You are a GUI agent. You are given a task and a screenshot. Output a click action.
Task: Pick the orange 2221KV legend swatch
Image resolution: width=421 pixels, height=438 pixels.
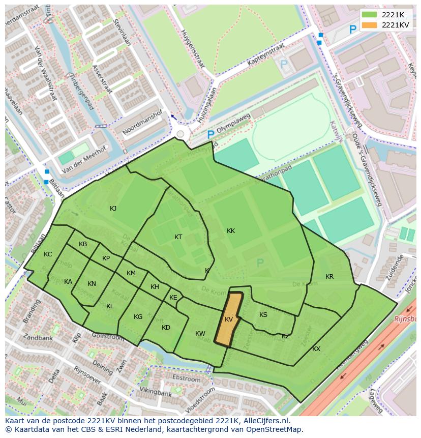(370, 25)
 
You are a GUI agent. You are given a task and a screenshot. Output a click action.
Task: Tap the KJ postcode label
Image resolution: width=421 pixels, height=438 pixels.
(113, 208)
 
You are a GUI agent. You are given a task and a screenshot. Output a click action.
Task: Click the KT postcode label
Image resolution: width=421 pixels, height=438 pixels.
(178, 237)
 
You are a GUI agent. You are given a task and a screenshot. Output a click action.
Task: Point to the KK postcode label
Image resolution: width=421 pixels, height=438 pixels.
(231, 231)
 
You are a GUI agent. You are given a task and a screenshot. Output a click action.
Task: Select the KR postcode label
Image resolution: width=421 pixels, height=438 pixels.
(329, 277)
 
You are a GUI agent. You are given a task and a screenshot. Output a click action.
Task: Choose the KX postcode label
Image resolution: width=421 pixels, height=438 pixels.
(316, 349)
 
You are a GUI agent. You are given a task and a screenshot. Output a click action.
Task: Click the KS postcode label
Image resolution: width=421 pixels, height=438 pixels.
(263, 315)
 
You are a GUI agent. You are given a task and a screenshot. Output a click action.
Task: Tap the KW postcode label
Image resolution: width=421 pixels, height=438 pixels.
(200, 334)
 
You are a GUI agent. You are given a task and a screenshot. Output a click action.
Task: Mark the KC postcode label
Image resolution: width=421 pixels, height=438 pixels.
(48, 254)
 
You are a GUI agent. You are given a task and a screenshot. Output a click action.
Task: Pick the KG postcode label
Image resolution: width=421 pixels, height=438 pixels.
(138, 317)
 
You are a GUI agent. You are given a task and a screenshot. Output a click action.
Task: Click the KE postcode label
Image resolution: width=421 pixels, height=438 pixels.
(173, 298)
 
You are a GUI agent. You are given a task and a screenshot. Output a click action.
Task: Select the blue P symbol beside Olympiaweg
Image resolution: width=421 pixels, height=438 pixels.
(211, 135)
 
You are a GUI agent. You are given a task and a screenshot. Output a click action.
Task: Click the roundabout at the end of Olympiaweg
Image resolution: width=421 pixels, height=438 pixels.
(181, 134)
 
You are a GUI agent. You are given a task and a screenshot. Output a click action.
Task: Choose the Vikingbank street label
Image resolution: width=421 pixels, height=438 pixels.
(157, 393)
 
